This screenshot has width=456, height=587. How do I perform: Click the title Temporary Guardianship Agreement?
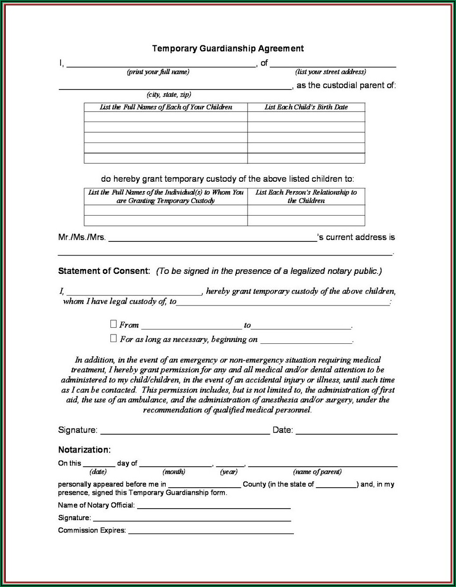(228, 49)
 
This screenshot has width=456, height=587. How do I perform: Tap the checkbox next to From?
(114, 324)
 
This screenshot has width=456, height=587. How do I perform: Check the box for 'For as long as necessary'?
(114, 338)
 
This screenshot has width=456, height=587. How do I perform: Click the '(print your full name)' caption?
(158, 72)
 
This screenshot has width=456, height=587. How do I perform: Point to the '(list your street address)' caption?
(330, 72)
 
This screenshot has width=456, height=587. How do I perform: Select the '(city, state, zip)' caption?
(169, 94)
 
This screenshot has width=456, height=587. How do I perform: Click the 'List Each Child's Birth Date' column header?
(306, 107)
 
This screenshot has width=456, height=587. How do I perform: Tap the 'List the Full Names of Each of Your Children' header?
(166, 107)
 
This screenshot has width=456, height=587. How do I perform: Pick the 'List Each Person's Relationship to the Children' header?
(306, 196)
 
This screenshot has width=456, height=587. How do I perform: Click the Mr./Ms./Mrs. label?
(82, 237)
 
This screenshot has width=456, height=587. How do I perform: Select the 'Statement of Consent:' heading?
(104, 271)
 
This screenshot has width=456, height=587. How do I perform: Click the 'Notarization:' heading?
(84, 450)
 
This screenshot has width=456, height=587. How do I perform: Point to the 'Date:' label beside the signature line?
(282, 430)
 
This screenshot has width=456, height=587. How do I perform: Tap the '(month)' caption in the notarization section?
(174, 472)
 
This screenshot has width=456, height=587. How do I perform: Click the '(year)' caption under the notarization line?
(228, 472)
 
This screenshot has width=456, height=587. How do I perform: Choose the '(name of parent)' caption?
(317, 472)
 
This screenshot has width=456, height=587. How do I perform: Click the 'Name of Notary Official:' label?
(96, 505)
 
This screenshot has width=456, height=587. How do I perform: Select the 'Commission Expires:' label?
(92, 530)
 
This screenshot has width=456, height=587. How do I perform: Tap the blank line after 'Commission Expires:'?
(211, 532)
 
